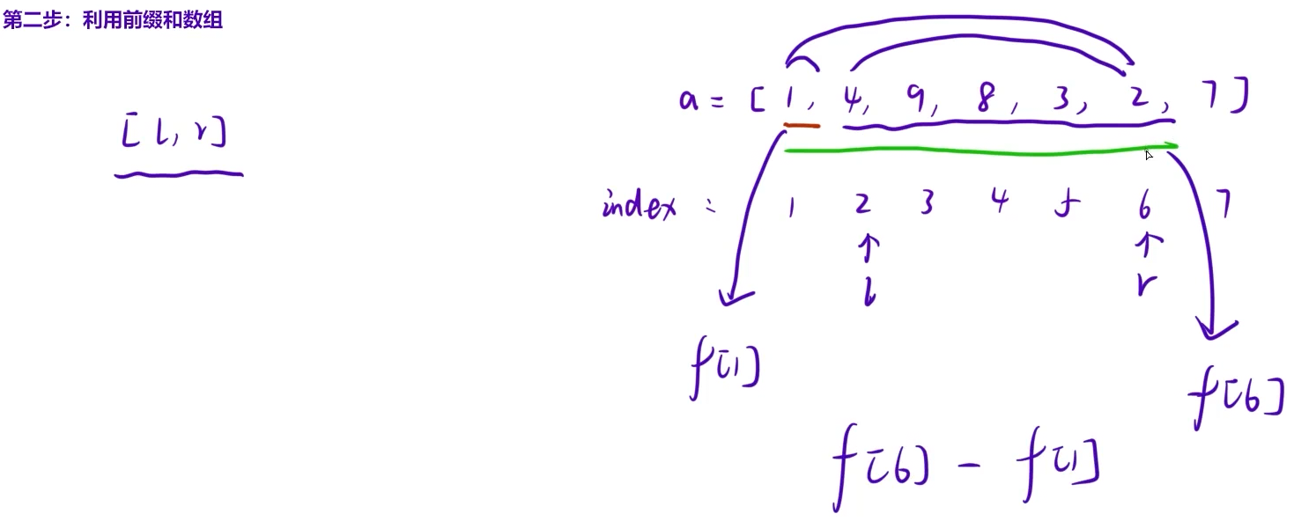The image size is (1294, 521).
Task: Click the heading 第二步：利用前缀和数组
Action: pyautogui.click(x=112, y=21)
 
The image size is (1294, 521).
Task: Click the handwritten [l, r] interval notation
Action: pyautogui.click(x=174, y=133)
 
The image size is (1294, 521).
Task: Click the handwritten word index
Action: pyautogui.click(x=639, y=207)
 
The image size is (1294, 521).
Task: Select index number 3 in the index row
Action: pyautogui.click(x=926, y=205)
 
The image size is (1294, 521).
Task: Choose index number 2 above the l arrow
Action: pyautogui.click(x=862, y=204)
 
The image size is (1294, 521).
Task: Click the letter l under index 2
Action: pyautogui.click(x=869, y=295)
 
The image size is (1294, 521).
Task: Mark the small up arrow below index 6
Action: pyautogui.click(x=1144, y=246)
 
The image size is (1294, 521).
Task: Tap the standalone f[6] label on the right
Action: pyautogui.click(x=1236, y=398)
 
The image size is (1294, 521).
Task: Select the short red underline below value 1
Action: pyautogui.click(x=802, y=126)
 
